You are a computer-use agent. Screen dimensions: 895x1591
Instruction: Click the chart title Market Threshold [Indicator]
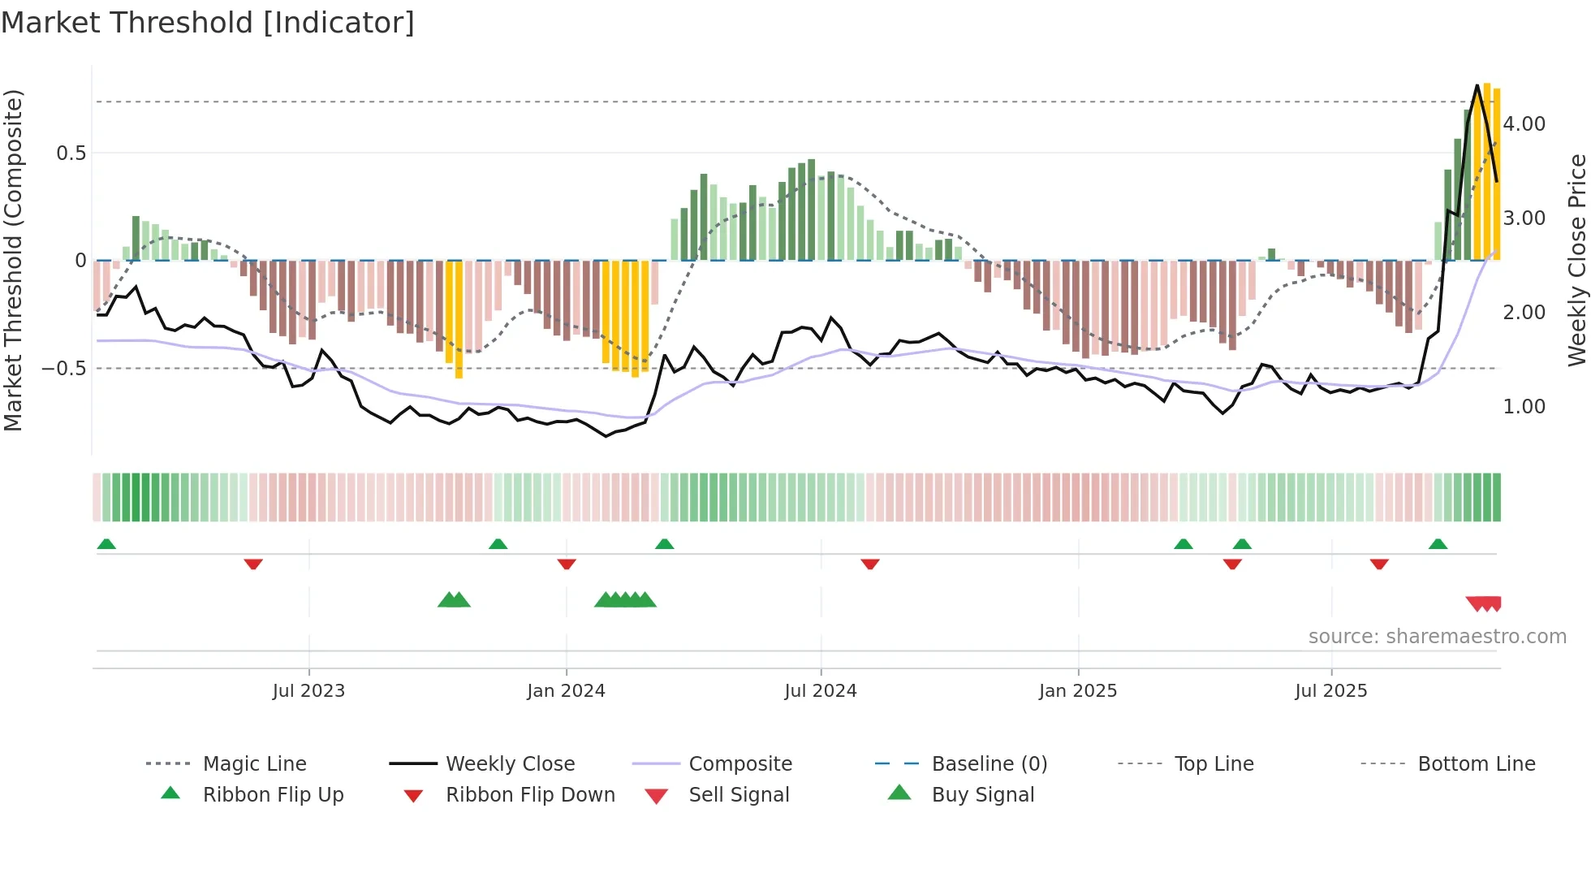click(x=208, y=23)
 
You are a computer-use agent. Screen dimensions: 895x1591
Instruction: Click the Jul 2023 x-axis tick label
click(x=308, y=691)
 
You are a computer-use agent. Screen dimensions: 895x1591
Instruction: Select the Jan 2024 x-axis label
click(x=566, y=691)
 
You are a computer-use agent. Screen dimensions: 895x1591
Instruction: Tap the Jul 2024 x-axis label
click(x=821, y=691)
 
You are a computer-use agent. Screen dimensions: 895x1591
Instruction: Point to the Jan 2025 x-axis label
click(x=1078, y=691)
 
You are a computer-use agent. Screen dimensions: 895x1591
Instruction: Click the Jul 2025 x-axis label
click(x=1331, y=691)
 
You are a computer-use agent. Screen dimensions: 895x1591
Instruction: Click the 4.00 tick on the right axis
click(x=1524, y=124)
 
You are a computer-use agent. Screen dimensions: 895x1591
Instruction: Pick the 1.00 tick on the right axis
click(x=1524, y=407)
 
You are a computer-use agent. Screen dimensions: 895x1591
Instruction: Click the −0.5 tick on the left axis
click(x=63, y=369)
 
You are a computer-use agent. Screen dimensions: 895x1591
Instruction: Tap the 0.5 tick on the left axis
click(x=71, y=153)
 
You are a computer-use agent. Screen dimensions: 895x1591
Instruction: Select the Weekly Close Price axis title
click(x=1576, y=260)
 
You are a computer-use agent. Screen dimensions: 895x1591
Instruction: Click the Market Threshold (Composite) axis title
click(x=13, y=260)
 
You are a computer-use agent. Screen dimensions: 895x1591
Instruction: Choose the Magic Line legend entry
click(x=254, y=764)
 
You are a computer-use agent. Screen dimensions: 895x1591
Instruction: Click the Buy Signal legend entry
click(x=982, y=795)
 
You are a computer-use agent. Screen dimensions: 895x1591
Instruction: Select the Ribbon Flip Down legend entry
click(x=529, y=795)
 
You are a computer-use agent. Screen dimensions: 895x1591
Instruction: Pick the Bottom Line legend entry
click(x=1476, y=764)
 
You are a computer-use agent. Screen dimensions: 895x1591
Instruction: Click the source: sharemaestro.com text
click(x=1437, y=637)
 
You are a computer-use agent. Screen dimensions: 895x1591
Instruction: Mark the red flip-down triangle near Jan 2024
click(x=567, y=564)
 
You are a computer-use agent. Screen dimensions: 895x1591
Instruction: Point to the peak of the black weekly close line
click(x=1477, y=85)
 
